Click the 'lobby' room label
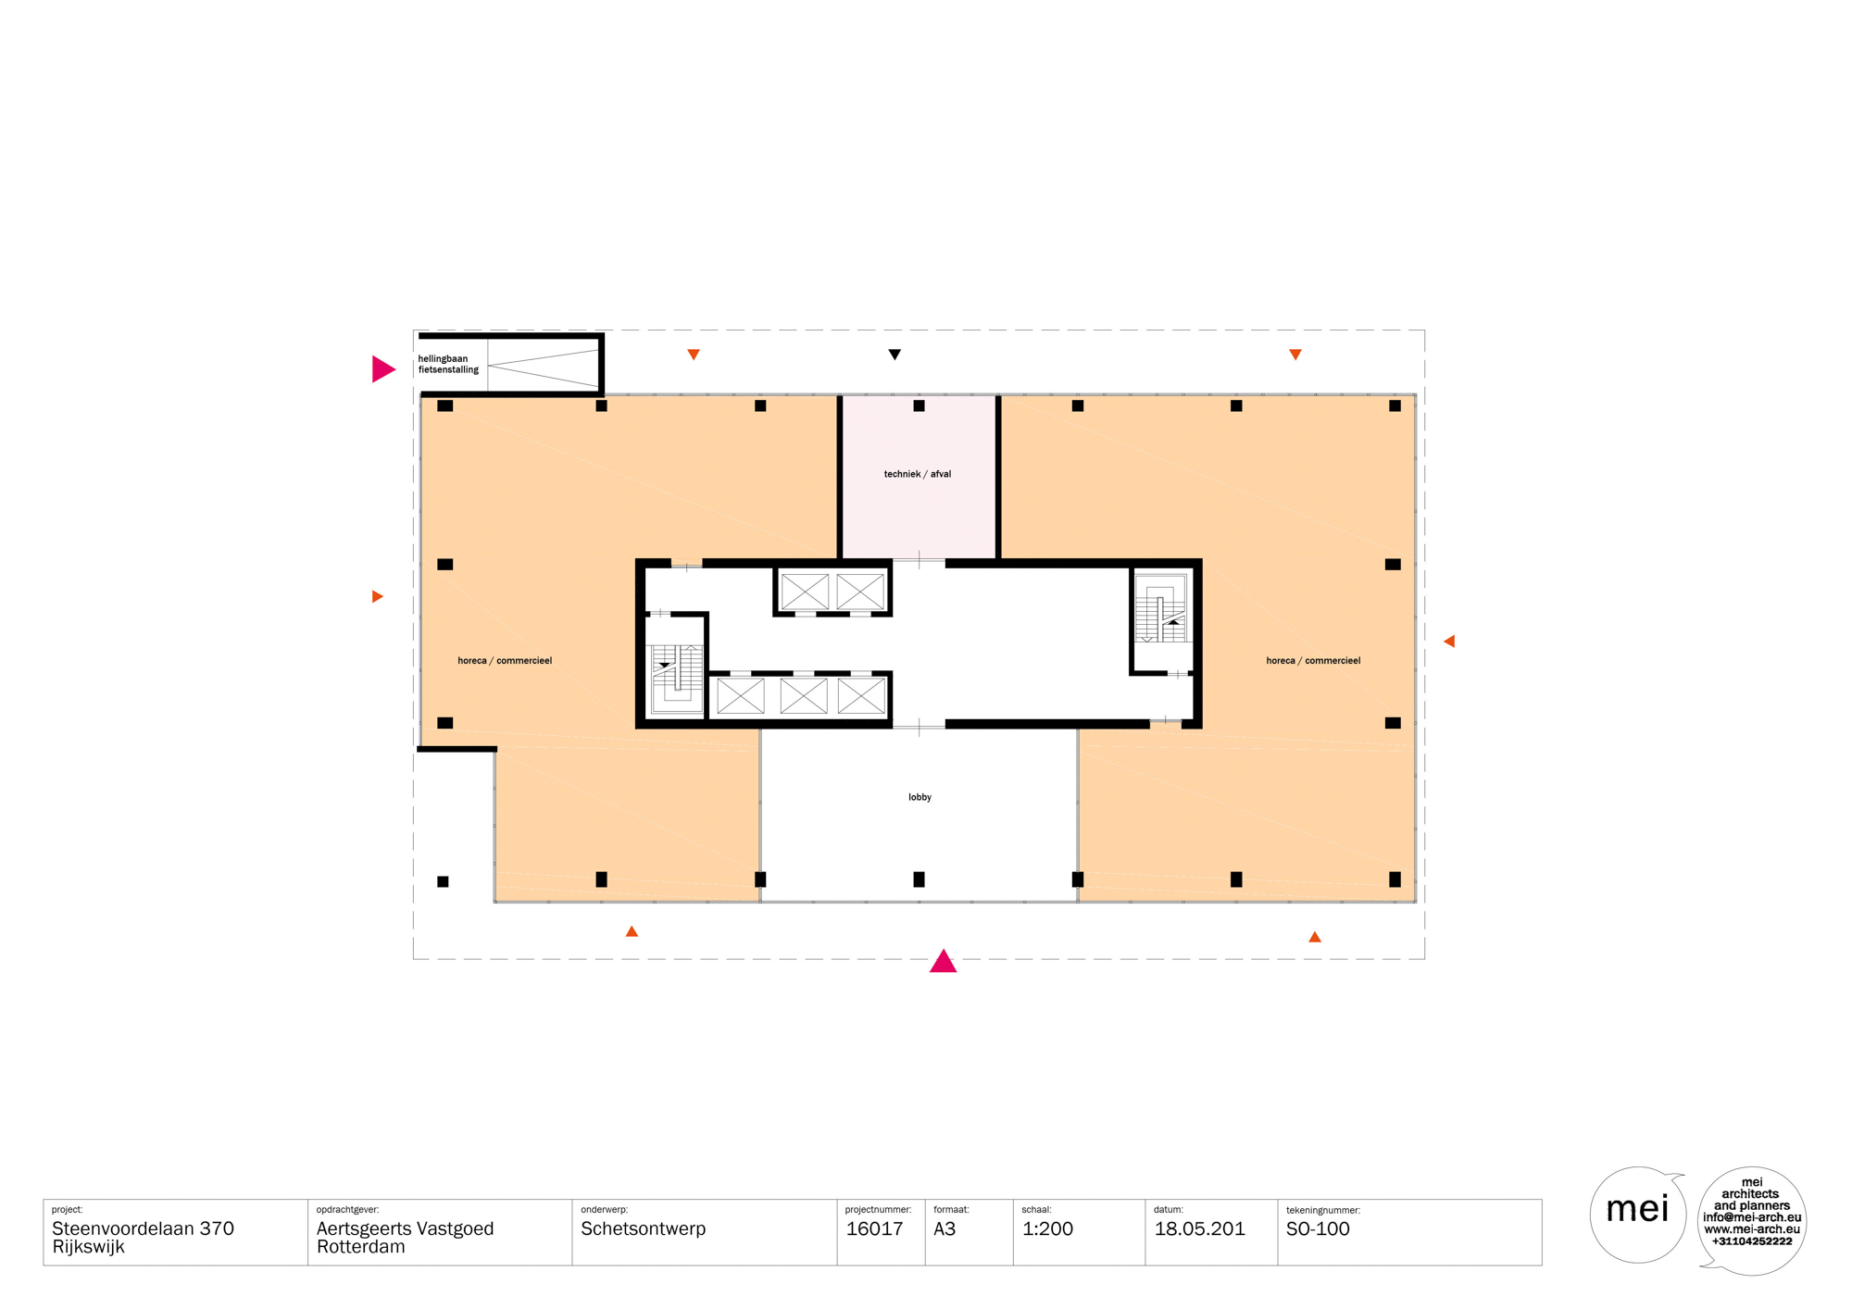[x=920, y=797]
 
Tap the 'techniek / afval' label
[x=917, y=474]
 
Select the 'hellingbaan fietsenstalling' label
[x=448, y=364]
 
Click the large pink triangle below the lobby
[x=943, y=961]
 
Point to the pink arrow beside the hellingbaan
[x=383, y=368]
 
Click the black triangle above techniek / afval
[x=895, y=355]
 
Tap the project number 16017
[x=874, y=1229]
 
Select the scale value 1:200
[x=1047, y=1229]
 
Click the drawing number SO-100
[x=1318, y=1229]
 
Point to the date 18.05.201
[x=1199, y=1229]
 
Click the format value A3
[x=945, y=1229]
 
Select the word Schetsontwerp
[x=643, y=1229]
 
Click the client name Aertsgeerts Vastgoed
[x=405, y=1229]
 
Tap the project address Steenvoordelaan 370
[x=143, y=1229]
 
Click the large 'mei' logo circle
[x=1637, y=1215]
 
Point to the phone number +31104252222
[x=1752, y=1241]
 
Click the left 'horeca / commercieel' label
[x=505, y=661]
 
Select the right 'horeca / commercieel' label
[x=1313, y=661]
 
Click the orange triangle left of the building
[x=378, y=596]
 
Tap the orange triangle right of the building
[x=1449, y=641]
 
